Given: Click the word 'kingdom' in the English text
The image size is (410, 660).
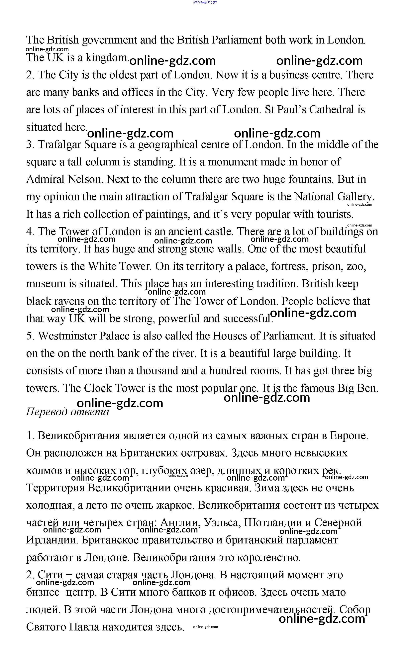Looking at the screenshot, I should [107, 58].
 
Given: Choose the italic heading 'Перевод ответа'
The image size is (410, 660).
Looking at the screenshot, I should [67, 412].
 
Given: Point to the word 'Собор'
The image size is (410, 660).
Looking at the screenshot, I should [355, 610].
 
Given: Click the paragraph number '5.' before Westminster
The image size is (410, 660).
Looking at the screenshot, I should [30, 336].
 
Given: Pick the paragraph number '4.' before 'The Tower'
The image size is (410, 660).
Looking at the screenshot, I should [30, 232].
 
